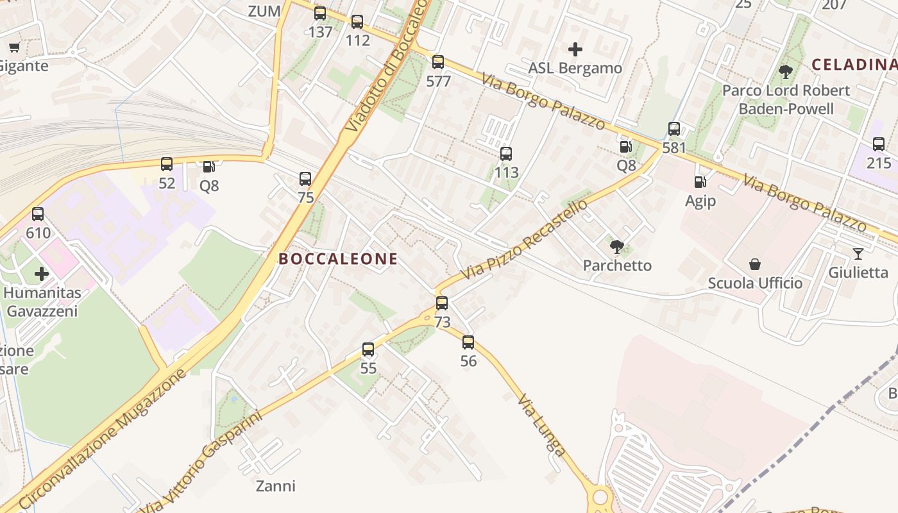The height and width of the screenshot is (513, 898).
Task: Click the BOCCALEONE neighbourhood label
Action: coord(338,259)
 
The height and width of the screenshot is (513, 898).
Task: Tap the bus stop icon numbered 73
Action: coord(442,303)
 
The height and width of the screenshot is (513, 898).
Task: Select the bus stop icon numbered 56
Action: coord(468,342)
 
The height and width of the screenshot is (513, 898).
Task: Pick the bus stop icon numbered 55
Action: coord(368,349)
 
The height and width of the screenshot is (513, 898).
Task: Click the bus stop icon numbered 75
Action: coord(305,179)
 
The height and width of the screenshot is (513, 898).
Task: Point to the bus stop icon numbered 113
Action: coord(506,154)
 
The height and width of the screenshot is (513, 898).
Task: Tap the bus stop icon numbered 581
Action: coord(674,129)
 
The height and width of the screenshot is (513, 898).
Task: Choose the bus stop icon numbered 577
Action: coord(438,62)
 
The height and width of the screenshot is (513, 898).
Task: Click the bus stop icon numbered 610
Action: coord(38,214)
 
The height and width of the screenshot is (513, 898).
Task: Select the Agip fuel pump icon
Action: coord(700,183)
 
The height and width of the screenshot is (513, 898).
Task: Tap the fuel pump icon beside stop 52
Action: coord(208,167)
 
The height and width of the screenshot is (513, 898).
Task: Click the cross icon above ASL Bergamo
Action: coord(575,49)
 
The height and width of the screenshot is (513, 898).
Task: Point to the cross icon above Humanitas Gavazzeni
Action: coord(42,274)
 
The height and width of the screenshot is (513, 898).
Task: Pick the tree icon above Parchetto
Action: coord(617,246)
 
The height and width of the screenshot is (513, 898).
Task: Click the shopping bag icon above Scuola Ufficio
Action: coord(755,264)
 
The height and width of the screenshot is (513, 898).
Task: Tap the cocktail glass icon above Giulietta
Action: coord(858,254)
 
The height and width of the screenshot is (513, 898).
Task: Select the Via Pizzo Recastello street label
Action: coord(524,239)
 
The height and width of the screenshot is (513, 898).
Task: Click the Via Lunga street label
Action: coord(542,425)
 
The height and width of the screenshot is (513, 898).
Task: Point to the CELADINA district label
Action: coord(854,64)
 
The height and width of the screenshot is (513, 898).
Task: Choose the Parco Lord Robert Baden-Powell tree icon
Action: coord(786,71)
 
